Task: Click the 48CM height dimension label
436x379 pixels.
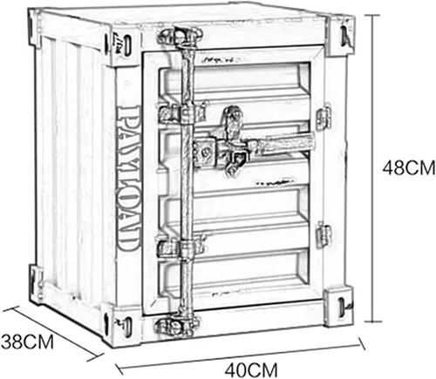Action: (x=409, y=168)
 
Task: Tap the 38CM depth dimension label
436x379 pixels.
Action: (x=28, y=342)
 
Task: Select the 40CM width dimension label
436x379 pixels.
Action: (x=251, y=370)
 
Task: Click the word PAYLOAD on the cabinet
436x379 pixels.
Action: (x=127, y=179)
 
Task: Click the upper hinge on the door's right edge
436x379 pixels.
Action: (x=324, y=118)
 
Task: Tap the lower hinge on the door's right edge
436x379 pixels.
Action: (x=324, y=234)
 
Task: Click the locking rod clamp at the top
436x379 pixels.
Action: (x=181, y=36)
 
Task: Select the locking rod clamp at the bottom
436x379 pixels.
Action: (x=178, y=324)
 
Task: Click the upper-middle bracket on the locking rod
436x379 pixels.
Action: (x=181, y=112)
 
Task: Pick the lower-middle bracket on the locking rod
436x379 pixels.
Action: (x=181, y=246)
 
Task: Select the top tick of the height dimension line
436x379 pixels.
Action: (x=372, y=14)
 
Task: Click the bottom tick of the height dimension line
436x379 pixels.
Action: (x=372, y=321)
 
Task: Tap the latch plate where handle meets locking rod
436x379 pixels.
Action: (x=205, y=152)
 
